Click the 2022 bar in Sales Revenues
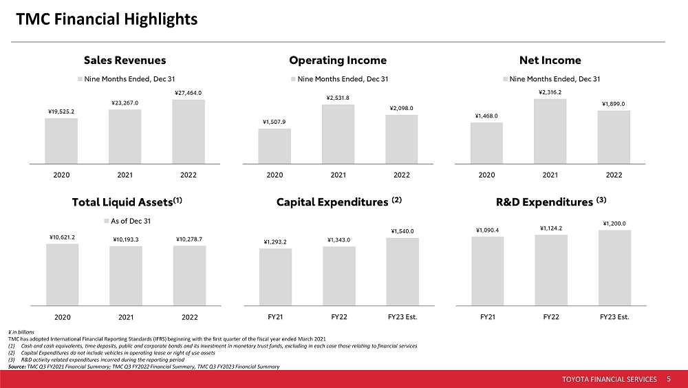point(188,131)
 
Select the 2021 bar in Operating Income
point(338,134)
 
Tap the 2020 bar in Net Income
point(486,143)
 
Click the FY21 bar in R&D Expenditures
point(487,270)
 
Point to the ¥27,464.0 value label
point(188,92)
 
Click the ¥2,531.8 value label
point(338,97)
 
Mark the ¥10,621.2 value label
point(62,237)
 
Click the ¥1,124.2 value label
point(550,228)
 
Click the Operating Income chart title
point(338,61)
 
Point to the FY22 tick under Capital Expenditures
point(338,317)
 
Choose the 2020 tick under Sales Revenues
point(62,175)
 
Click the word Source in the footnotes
point(17,367)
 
